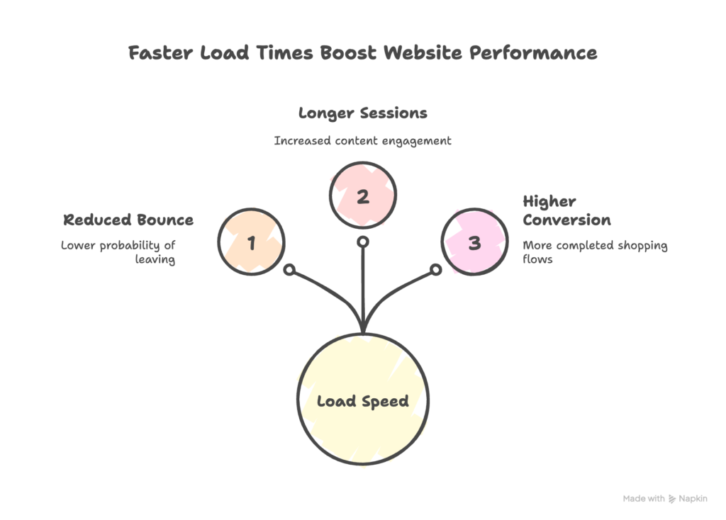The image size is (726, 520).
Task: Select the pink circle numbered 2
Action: (363, 196)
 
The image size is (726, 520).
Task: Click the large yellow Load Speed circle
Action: (363, 401)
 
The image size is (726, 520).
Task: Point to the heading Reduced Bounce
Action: (128, 220)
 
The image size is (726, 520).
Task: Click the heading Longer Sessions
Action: (363, 113)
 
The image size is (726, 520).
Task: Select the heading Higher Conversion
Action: (566, 210)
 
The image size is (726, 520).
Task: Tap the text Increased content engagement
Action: (363, 140)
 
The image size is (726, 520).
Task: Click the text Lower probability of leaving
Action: (118, 252)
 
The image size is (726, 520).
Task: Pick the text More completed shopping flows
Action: (595, 252)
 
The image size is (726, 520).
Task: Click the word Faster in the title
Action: (156, 53)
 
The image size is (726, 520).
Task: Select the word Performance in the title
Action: (544, 53)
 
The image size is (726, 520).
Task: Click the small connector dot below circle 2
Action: (363, 242)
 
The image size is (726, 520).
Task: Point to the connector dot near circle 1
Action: (289, 270)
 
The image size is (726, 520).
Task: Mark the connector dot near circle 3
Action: (437, 270)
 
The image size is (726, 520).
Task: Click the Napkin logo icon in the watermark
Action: (673, 499)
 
